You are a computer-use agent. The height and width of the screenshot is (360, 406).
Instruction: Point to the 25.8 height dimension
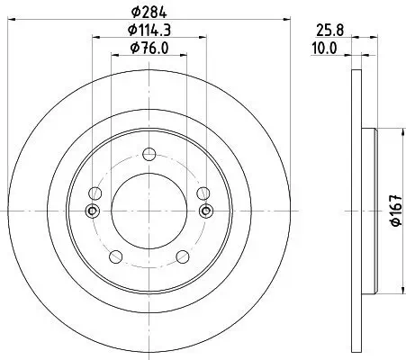[329, 30]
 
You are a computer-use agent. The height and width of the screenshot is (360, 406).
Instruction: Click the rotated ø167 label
[393, 211]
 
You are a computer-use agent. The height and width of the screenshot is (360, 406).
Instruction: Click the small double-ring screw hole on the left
[92, 211]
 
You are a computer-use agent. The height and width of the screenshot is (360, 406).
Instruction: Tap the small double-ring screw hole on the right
[205, 211]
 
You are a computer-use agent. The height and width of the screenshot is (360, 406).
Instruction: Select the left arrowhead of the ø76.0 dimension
[113, 55]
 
